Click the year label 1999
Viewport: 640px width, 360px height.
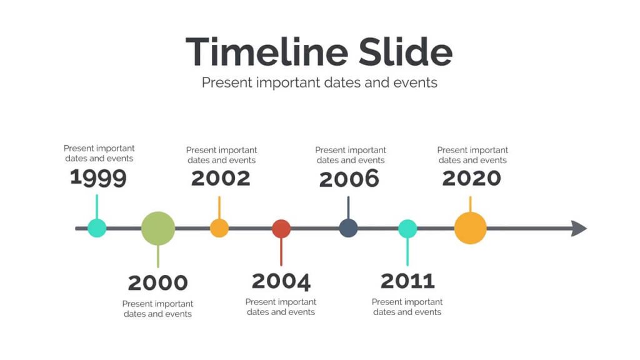(x=98, y=177)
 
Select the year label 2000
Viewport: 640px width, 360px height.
(x=158, y=282)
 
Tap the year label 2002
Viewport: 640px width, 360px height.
(x=221, y=178)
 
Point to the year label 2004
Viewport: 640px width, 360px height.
(x=281, y=281)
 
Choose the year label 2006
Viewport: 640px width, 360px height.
(x=349, y=179)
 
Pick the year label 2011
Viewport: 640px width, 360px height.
(x=407, y=281)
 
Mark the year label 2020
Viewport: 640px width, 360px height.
(x=472, y=178)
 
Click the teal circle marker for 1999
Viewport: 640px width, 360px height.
(x=97, y=228)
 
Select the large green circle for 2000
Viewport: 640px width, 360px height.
(x=158, y=228)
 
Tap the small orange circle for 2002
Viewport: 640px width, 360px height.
(x=219, y=228)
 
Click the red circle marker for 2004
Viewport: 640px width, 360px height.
(x=281, y=229)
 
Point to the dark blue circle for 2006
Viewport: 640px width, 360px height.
(x=349, y=228)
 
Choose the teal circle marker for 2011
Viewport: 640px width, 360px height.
(x=407, y=229)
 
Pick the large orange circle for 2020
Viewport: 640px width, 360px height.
(x=471, y=228)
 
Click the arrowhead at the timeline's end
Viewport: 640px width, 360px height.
(x=579, y=228)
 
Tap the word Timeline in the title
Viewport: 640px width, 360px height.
(x=267, y=52)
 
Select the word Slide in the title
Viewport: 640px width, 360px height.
(x=406, y=52)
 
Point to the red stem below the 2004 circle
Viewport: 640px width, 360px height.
(x=281, y=252)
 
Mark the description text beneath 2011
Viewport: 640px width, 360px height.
(x=407, y=307)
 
